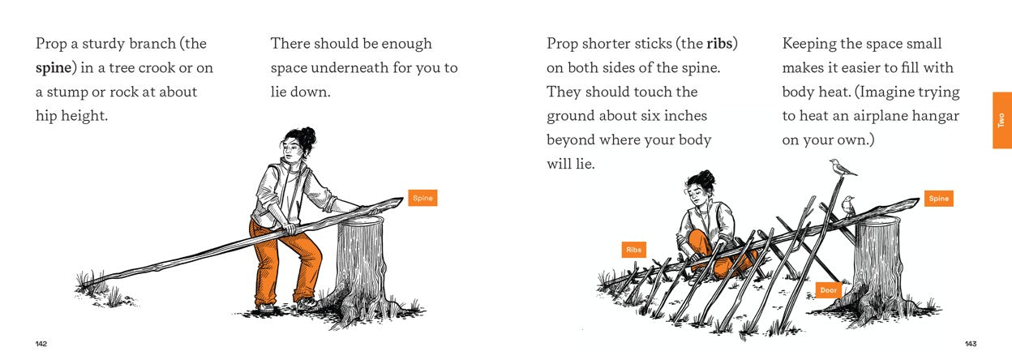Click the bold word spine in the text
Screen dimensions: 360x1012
click(54, 67)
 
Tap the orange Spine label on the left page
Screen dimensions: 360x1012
click(422, 198)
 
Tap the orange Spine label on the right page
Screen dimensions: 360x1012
click(938, 199)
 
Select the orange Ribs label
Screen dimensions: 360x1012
click(633, 250)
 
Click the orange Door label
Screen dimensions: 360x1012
click(828, 289)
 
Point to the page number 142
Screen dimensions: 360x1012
click(41, 344)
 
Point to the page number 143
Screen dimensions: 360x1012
click(971, 344)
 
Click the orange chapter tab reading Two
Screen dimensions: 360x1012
click(1001, 120)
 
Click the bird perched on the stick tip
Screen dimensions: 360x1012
click(843, 167)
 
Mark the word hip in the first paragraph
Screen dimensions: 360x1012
click(48, 116)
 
